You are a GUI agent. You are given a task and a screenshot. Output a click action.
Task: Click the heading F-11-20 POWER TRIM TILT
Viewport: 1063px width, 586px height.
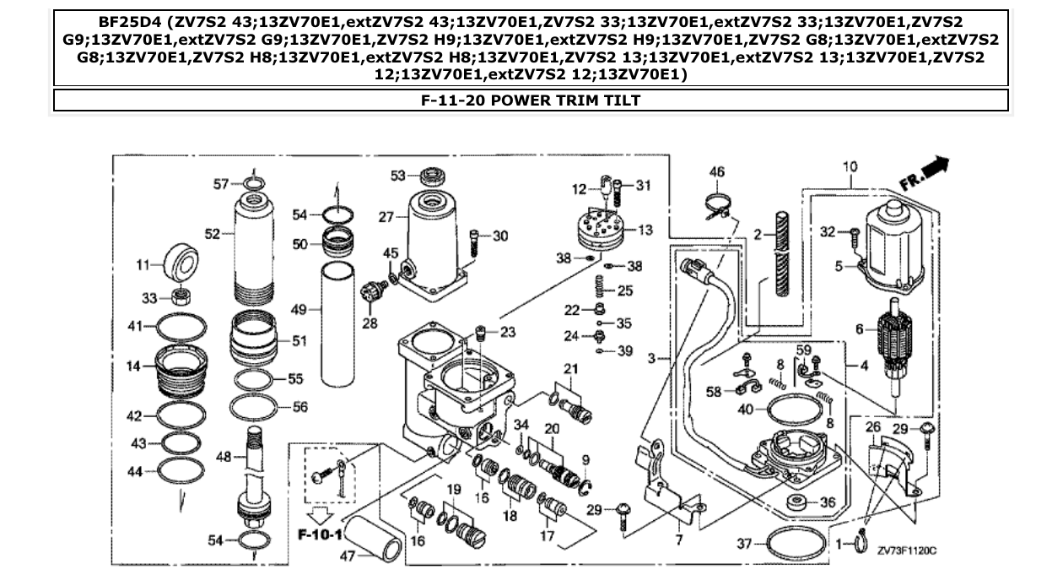pos(531,100)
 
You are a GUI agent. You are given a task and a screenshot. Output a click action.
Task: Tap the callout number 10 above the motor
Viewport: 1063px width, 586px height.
pos(850,167)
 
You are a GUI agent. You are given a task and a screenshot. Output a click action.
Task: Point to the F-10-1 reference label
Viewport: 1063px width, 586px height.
pos(319,535)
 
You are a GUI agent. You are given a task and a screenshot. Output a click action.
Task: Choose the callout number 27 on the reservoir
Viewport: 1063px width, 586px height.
pos(386,216)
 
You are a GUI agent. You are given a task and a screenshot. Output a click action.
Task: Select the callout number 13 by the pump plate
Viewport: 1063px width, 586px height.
pos(645,230)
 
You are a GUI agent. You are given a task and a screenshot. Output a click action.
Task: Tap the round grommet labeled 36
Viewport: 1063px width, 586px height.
pos(794,504)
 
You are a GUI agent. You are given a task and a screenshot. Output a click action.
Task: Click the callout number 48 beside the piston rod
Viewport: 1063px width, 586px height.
pos(223,457)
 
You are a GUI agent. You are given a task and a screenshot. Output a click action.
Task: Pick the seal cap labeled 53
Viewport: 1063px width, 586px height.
pos(431,177)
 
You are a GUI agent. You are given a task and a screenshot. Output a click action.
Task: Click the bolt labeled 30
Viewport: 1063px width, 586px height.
pos(478,241)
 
